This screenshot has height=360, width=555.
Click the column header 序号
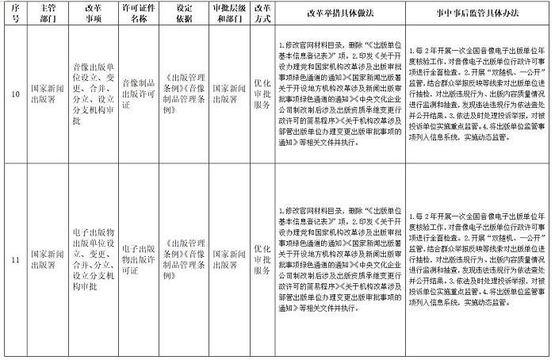(x=13, y=14)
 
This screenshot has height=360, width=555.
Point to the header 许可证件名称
(x=137, y=14)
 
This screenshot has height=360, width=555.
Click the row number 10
(x=13, y=95)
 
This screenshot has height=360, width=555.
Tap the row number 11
(x=13, y=259)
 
